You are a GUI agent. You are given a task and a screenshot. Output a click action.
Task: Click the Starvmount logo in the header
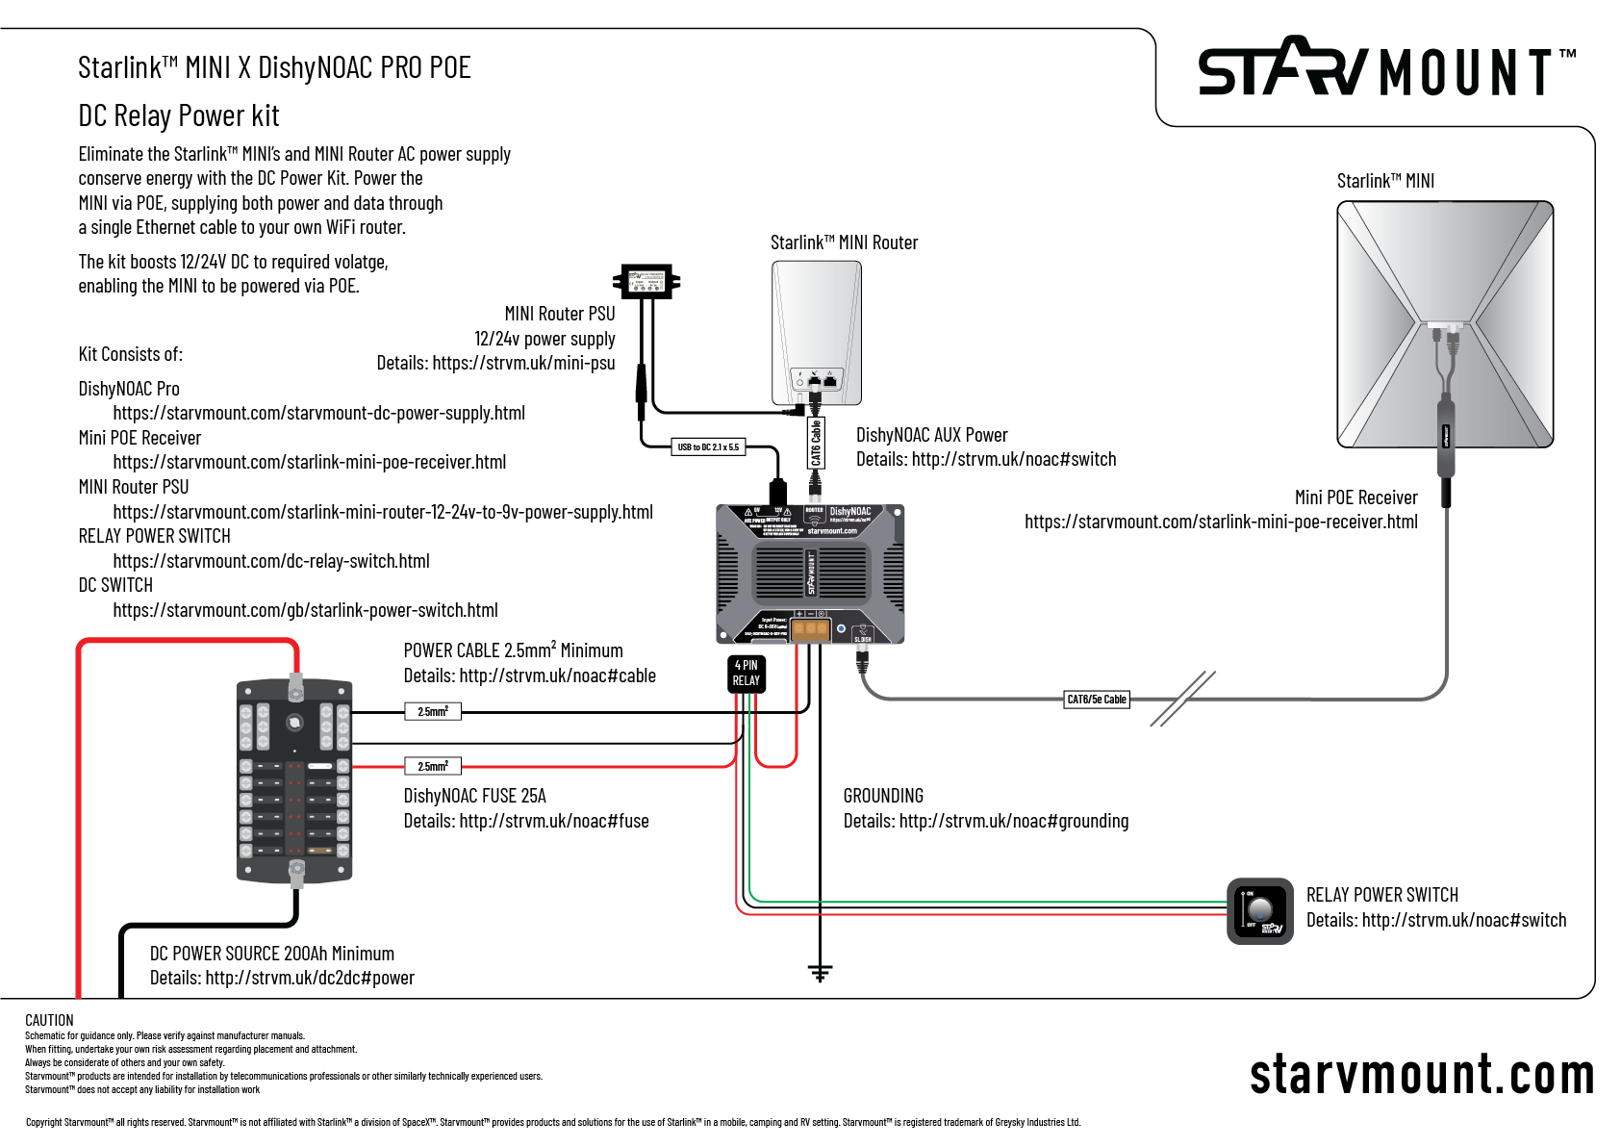click(1385, 69)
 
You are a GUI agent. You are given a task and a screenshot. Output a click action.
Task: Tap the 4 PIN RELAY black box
click(746, 674)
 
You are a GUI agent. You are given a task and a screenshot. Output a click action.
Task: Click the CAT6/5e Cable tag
click(1096, 700)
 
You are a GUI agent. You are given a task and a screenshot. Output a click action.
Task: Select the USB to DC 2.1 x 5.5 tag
click(708, 446)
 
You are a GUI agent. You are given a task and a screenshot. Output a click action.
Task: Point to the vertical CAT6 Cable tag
click(816, 444)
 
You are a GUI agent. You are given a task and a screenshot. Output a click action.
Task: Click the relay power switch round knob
click(1259, 909)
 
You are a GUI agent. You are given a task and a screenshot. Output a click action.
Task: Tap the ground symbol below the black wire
click(820, 973)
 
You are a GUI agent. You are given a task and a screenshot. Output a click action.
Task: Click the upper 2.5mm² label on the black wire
click(433, 712)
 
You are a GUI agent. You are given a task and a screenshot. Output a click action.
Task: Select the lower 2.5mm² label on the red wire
click(433, 767)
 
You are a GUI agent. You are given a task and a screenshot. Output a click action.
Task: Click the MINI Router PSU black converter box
click(646, 281)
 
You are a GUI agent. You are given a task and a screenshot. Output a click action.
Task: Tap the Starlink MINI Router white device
click(816, 332)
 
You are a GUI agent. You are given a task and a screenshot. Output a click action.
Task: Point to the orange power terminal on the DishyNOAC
click(810, 629)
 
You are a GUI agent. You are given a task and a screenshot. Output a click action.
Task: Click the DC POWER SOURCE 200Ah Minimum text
click(272, 954)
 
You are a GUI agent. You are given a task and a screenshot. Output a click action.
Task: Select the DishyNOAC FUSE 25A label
click(474, 796)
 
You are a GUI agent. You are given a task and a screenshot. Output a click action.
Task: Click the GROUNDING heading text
click(883, 796)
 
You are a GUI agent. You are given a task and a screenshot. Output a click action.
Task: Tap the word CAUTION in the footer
click(49, 1020)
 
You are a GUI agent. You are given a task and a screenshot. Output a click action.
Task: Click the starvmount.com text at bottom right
click(1421, 1075)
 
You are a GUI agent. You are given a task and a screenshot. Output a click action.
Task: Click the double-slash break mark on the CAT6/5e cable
click(1183, 699)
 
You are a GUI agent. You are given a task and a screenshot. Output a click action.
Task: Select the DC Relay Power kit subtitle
click(179, 116)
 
